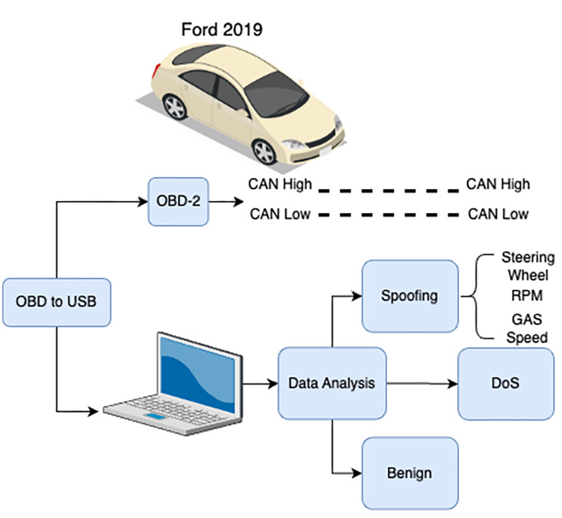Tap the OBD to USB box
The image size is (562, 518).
pos(57,303)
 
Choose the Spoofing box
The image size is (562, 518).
pos(410,295)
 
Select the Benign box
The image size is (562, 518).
pos(410,473)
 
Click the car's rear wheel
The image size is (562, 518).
pos(175,108)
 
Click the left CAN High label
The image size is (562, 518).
pos(280,183)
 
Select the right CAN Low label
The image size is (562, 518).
pos(498,215)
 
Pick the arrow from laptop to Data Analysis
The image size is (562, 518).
pos(259,385)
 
